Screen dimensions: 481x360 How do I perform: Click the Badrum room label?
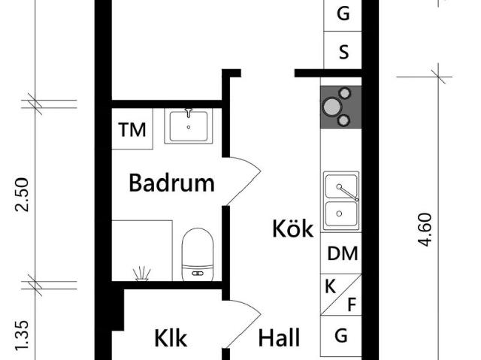pos(171,183)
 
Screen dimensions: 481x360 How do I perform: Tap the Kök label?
pos(293,228)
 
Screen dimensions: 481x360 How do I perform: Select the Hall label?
pos(279,337)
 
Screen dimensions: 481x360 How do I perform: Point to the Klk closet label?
pos(171,338)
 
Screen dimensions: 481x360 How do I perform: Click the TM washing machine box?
pos(132,129)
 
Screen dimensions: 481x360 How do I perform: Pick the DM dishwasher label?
pos(343,253)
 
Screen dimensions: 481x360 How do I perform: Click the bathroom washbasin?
pos(189,126)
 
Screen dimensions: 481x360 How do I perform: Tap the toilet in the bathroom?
pos(198,255)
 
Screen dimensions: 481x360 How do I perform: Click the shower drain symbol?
pos(141,274)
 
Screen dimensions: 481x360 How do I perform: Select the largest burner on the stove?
pos(331,107)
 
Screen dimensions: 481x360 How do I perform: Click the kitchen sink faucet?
pos(348,193)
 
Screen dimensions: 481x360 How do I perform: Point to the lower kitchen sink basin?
pos(341,214)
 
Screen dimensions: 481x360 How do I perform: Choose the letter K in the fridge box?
pos(330,286)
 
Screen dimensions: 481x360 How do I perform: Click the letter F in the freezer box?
pos(352,304)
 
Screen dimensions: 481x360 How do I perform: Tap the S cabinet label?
pos(344,52)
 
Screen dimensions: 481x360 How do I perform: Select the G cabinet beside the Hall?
pos(341,336)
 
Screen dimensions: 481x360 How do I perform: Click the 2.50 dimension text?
pos(22,195)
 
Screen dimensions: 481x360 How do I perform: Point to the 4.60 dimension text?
pos(425,230)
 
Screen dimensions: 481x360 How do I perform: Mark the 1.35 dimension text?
pos(22,336)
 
